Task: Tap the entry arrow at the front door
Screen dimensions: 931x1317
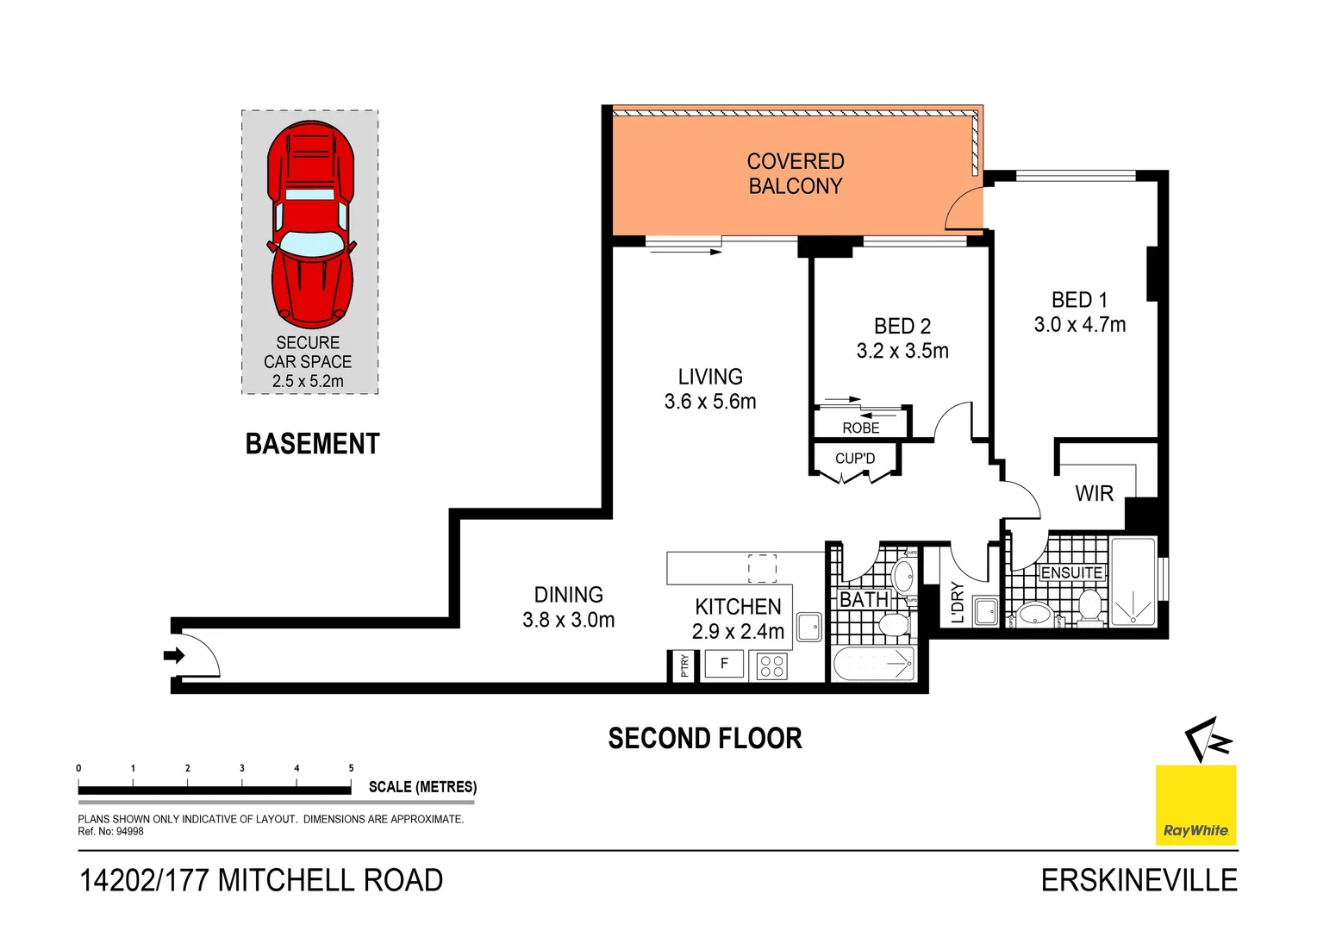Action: click(x=174, y=656)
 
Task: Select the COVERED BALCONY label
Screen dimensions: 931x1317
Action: click(x=795, y=173)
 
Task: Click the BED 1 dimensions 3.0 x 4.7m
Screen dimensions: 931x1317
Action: click(x=1079, y=325)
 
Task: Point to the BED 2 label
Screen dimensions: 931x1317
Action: click(x=902, y=326)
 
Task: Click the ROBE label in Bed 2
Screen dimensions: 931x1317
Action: click(x=860, y=428)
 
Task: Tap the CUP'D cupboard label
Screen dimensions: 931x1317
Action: click(x=854, y=459)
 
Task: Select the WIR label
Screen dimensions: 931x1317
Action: click(x=1094, y=493)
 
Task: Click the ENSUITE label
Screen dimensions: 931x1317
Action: click(x=1070, y=573)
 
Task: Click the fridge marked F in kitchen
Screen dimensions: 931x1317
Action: click(x=724, y=664)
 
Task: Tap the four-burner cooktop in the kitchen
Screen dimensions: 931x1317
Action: click(x=771, y=665)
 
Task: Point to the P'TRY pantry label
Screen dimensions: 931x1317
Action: click(x=683, y=665)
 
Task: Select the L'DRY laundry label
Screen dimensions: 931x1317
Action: click(x=957, y=603)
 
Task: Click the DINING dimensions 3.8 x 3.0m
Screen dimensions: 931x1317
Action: click(x=568, y=620)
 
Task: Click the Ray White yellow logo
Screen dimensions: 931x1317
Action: click(x=1195, y=804)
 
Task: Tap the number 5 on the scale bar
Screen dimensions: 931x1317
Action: click(x=351, y=768)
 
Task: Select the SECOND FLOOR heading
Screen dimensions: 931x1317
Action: click(x=704, y=738)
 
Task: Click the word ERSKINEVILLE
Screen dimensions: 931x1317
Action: click(x=1139, y=880)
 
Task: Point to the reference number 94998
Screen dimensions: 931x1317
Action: click(x=129, y=831)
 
